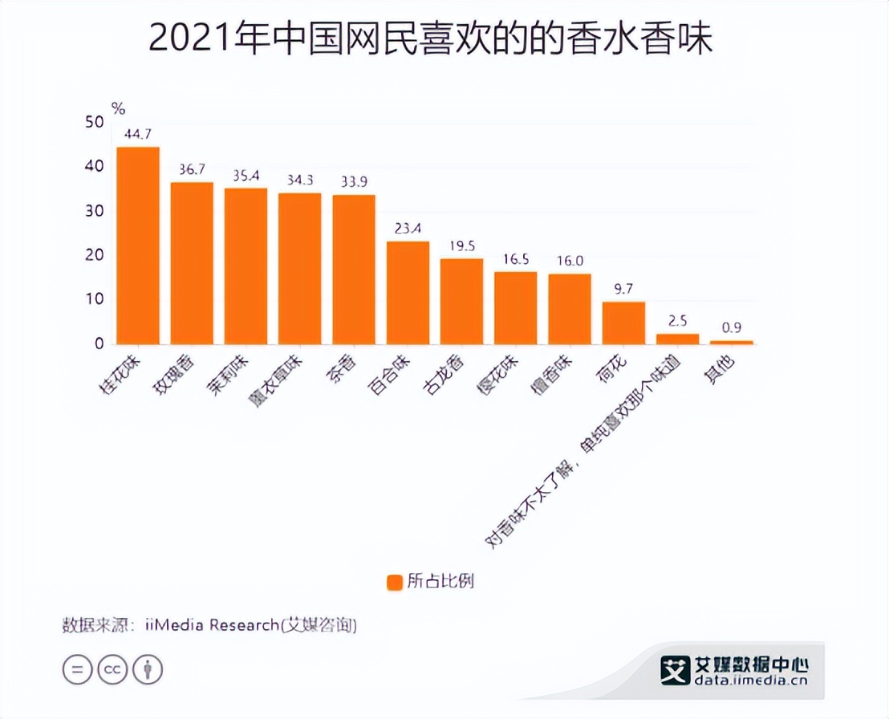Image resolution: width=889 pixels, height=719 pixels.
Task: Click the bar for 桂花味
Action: click(138, 246)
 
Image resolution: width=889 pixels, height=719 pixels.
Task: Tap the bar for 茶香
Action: click(354, 270)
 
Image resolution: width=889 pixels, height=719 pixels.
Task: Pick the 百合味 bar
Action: click(408, 293)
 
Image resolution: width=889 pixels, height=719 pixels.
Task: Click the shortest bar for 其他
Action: click(732, 342)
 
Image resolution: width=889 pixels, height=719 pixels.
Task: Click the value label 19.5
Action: click(461, 246)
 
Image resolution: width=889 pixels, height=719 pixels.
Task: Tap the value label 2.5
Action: click(677, 320)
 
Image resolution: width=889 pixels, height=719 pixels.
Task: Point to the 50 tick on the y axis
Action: click(94, 122)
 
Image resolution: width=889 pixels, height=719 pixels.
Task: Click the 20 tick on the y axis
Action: click(94, 255)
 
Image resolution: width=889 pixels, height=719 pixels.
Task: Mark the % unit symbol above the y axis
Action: click(118, 108)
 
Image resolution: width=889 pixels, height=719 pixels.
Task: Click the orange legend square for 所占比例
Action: click(394, 582)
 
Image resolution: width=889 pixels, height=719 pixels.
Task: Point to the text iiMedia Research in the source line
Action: click(211, 625)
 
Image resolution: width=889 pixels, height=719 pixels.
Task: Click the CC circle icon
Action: click(112, 668)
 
